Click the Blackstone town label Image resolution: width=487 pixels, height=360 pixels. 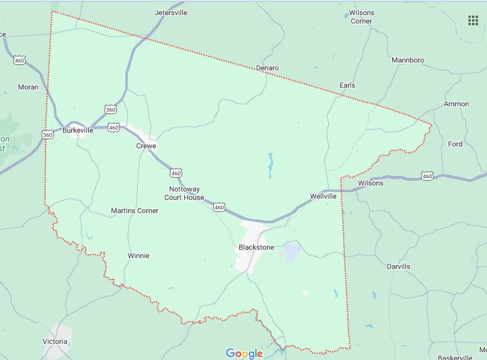tap(256, 247)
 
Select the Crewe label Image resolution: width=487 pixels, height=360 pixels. tap(146, 146)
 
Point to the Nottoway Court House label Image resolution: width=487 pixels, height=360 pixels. tap(184, 193)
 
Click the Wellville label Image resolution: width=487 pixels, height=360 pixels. tap(323, 196)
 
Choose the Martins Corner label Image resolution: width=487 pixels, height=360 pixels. tap(135, 211)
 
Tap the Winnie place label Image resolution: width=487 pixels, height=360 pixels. tap(139, 256)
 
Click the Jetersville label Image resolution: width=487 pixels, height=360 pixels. tap(172, 12)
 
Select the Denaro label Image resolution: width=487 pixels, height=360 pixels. tap(267, 68)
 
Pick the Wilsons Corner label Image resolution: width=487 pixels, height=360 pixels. tap(362, 16)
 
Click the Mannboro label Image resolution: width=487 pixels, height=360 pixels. tap(407, 60)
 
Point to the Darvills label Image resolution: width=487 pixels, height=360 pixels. tap(398, 266)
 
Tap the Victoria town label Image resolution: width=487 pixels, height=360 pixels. tap(55, 341)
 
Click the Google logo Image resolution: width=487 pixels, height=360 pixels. tap(244, 353)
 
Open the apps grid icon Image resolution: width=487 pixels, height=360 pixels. tap(473, 20)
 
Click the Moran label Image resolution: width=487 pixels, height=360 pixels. tap(28, 87)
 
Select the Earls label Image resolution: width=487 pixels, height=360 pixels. tap(347, 85)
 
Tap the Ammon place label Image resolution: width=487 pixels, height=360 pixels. tap(456, 104)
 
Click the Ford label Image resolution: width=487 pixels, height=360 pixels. tap(455, 144)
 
